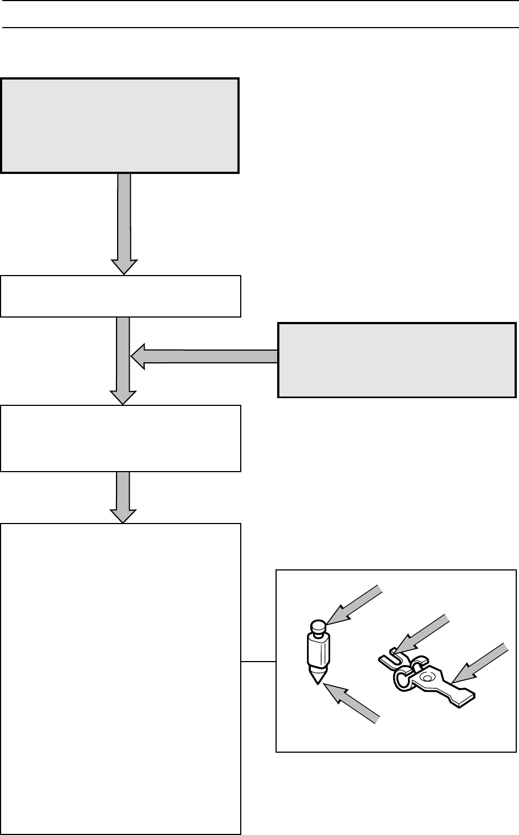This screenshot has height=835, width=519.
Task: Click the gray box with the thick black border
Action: (x=120, y=126)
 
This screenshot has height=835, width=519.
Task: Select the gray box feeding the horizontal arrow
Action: (x=396, y=360)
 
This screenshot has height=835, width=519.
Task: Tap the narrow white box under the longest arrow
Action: (x=120, y=296)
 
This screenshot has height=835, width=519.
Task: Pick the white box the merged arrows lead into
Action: (x=120, y=438)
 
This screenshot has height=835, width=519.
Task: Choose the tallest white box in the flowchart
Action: (x=120, y=679)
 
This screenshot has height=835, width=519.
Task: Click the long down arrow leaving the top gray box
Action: (x=124, y=221)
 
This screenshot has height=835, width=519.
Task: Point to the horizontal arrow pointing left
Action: (x=204, y=356)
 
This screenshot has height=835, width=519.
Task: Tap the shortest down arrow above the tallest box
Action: (x=124, y=496)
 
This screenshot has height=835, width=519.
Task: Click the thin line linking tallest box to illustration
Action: (x=258, y=661)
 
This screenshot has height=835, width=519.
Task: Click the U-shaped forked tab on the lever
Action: (x=389, y=658)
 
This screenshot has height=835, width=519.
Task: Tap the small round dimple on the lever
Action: (x=425, y=677)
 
